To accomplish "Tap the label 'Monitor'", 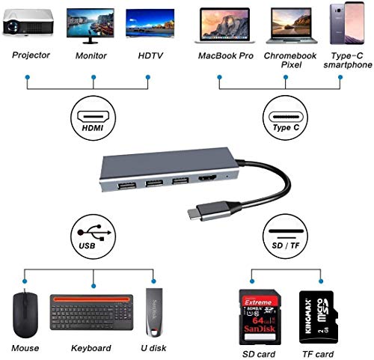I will point(90,56).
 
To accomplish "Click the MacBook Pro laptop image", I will point(223,27).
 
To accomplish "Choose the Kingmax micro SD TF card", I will point(313,313).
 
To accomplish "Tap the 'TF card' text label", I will point(313,350).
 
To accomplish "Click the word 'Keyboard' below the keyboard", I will point(91,348).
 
